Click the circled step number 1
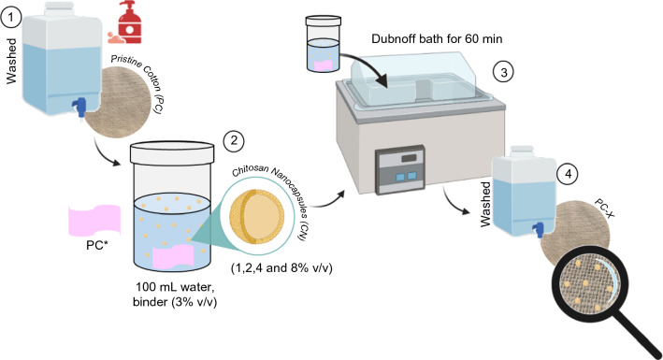(x=9, y=19)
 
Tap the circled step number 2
(x=235, y=141)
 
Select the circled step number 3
(x=503, y=72)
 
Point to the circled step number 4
(x=568, y=174)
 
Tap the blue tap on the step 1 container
(x=80, y=107)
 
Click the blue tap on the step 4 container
(x=538, y=230)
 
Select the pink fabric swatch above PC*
(x=94, y=221)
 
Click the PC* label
(x=97, y=245)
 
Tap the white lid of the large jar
(x=172, y=152)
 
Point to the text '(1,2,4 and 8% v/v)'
(x=281, y=268)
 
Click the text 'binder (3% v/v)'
(x=175, y=302)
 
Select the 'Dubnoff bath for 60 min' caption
(x=437, y=39)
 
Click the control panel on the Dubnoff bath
(x=400, y=169)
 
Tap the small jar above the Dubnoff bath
(x=323, y=44)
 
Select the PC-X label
(x=604, y=209)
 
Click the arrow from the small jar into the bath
(x=367, y=66)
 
